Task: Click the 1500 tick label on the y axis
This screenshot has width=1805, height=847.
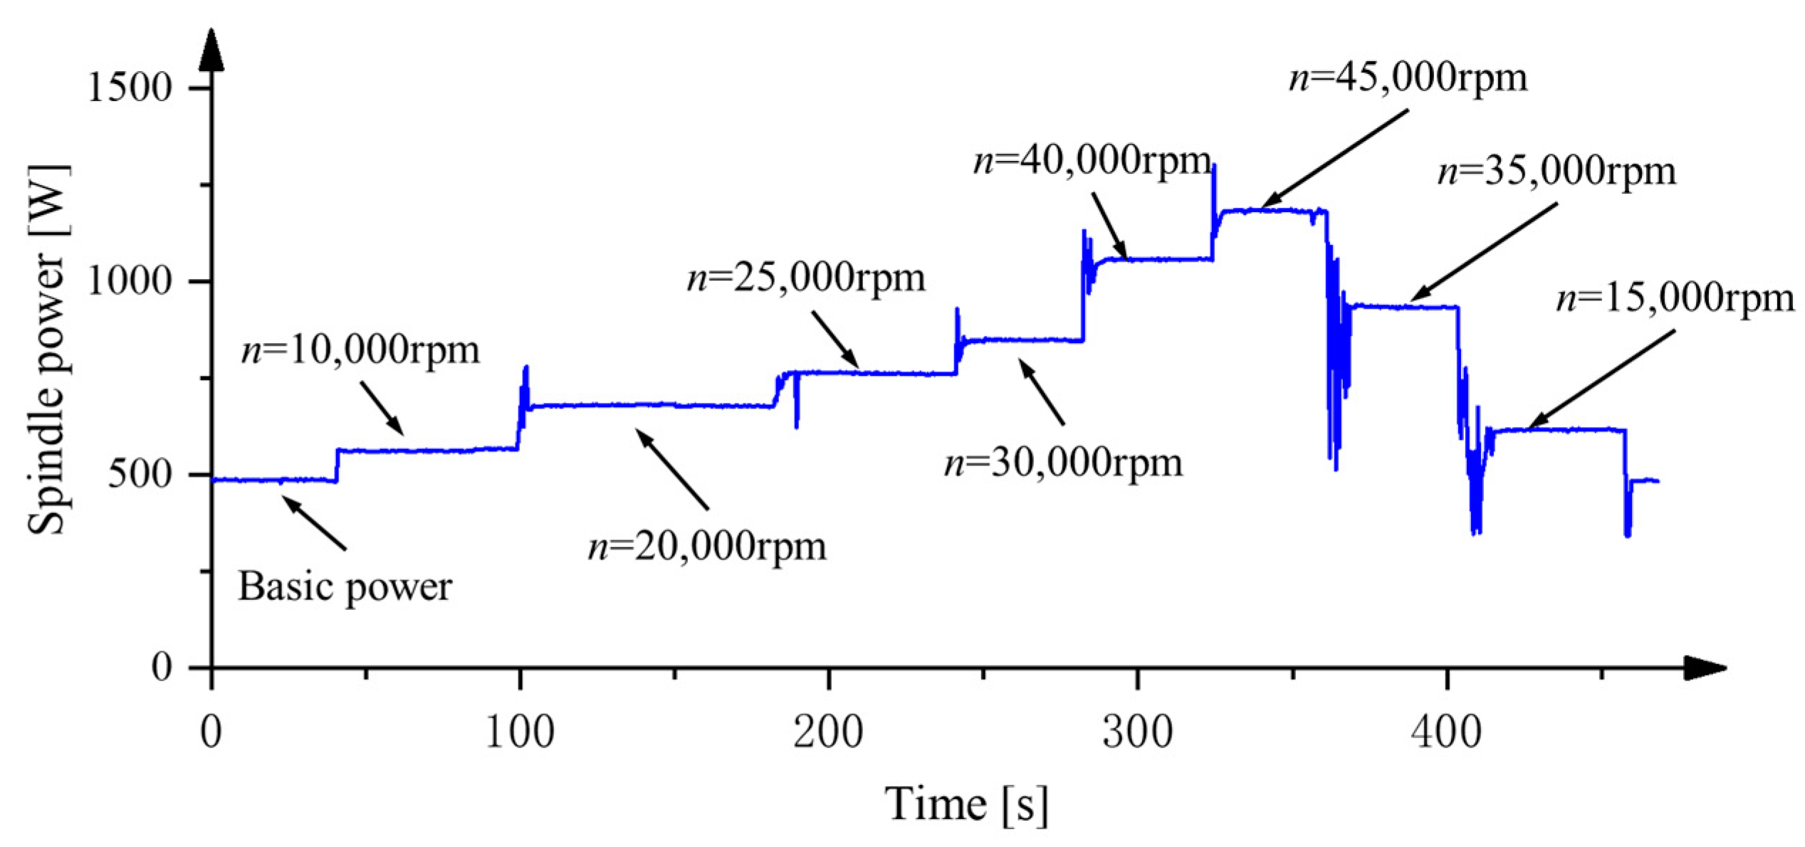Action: pos(130,88)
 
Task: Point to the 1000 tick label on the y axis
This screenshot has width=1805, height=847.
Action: pos(130,282)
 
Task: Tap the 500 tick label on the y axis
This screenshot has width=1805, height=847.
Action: pos(140,475)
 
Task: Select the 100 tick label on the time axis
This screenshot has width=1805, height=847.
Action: pos(520,732)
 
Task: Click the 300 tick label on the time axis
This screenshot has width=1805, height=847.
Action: pos(1137,732)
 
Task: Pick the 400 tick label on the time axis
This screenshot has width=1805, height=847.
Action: pos(1446,732)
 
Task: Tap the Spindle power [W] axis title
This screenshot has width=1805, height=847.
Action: pos(47,349)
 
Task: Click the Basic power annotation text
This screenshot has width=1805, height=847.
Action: pos(345,588)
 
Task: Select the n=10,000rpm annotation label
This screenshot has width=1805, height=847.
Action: pos(360,350)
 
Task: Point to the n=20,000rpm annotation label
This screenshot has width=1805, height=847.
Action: pos(707,547)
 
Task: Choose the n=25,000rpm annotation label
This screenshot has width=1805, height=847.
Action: pos(805,278)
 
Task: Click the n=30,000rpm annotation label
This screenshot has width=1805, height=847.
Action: pos(1063,463)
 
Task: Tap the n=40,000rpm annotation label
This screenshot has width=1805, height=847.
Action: pos(1092,161)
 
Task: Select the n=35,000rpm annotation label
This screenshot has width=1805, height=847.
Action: pos(1557,172)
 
